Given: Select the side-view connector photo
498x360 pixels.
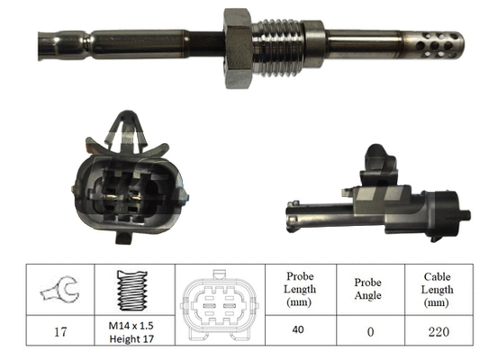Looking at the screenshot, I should click(375, 202).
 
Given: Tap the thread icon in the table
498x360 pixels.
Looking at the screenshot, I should click(132, 290).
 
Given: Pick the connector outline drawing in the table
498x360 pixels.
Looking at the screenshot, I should click(217, 304).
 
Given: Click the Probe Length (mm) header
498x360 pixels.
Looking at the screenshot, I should click(300, 289).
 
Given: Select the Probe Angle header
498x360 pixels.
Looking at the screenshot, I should click(367, 289).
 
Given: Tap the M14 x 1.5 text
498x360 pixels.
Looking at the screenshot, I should click(132, 324).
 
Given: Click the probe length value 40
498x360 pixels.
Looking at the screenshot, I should click(300, 329).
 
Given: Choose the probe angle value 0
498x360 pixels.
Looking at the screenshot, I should click(367, 330).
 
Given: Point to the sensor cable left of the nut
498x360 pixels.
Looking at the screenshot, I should click(108, 40).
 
